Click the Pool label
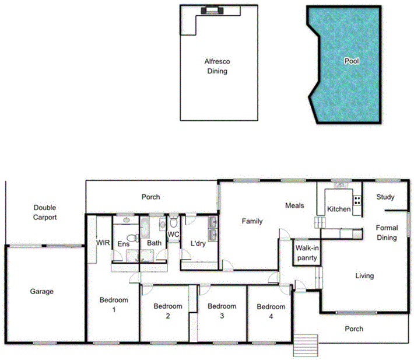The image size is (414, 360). pyautogui.click(x=352, y=61)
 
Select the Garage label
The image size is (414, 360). pyautogui.click(x=42, y=291)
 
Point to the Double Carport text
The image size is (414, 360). pyautogui.click(x=45, y=212)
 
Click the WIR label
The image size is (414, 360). pyautogui.click(x=103, y=243)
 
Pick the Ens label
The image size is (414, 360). pyautogui.click(x=124, y=243)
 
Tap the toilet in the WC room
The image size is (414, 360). pyautogui.click(x=174, y=222)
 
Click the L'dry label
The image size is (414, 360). pyautogui.click(x=192, y=243)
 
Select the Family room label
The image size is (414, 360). pyautogui.click(x=252, y=221)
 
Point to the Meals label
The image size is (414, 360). pyautogui.click(x=295, y=205)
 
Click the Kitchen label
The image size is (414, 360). pyautogui.click(x=338, y=209)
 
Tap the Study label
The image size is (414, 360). pyautogui.click(x=385, y=197)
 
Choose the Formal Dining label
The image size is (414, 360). pyautogui.click(x=387, y=233)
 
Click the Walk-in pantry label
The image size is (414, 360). pyautogui.click(x=306, y=252)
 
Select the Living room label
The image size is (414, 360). pyautogui.click(x=364, y=276)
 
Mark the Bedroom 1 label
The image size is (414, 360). pyautogui.click(x=113, y=305)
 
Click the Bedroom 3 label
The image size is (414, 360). pyautogui.click(x=222, y=311)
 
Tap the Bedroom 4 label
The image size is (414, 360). pyautogui.click(x=271, y=311)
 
